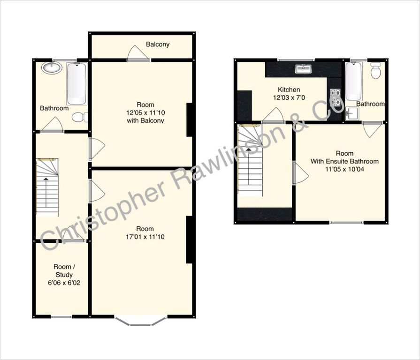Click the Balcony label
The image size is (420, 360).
click(158, 45)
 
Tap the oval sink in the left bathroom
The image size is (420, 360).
click(52, 67)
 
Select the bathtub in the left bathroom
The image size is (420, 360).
click(77, 84)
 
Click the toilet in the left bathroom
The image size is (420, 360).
click(80, 117)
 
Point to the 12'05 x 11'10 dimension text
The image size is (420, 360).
click(145, 112)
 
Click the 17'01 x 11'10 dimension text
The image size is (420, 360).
click(145, 237)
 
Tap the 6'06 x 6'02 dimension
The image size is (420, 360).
click(64, 283)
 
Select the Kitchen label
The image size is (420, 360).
click(289, 90)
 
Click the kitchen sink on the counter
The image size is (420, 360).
click(304, 69)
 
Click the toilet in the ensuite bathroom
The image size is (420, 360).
click(375, 70)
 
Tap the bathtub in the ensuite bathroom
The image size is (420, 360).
click(353, 81)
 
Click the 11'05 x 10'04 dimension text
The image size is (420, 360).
click(345, 169)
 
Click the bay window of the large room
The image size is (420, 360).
click(141, 321)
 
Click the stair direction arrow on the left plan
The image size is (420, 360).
click(46, 192)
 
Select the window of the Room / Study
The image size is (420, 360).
click(61, 317)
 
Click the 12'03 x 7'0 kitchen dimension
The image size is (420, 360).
click(289, 97)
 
